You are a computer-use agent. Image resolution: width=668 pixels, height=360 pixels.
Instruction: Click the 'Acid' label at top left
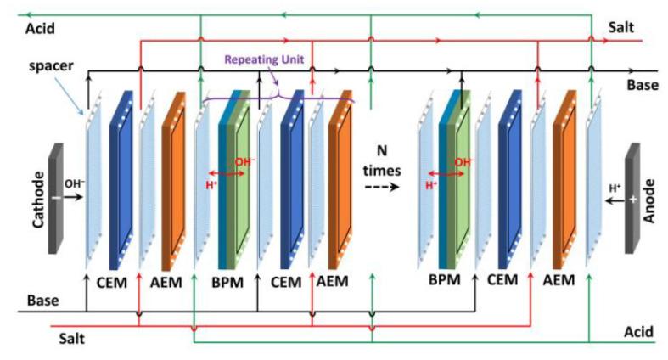coord(39,27)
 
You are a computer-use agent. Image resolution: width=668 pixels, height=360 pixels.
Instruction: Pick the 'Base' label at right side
coord(642,85)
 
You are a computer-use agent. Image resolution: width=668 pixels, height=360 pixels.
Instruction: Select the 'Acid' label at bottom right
coord(637,332)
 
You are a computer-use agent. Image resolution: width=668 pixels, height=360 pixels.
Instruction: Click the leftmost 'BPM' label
coord(227,280)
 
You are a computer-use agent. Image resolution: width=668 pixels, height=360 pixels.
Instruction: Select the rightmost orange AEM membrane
coord(564,181)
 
